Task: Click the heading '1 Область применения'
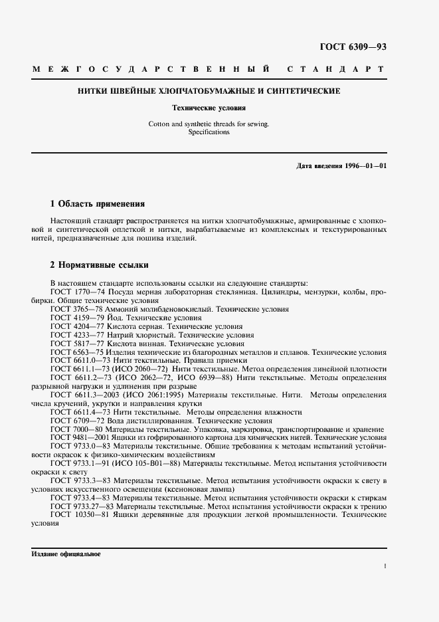[x=98, y=203]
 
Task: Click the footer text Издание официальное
[x=65, y=554]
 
